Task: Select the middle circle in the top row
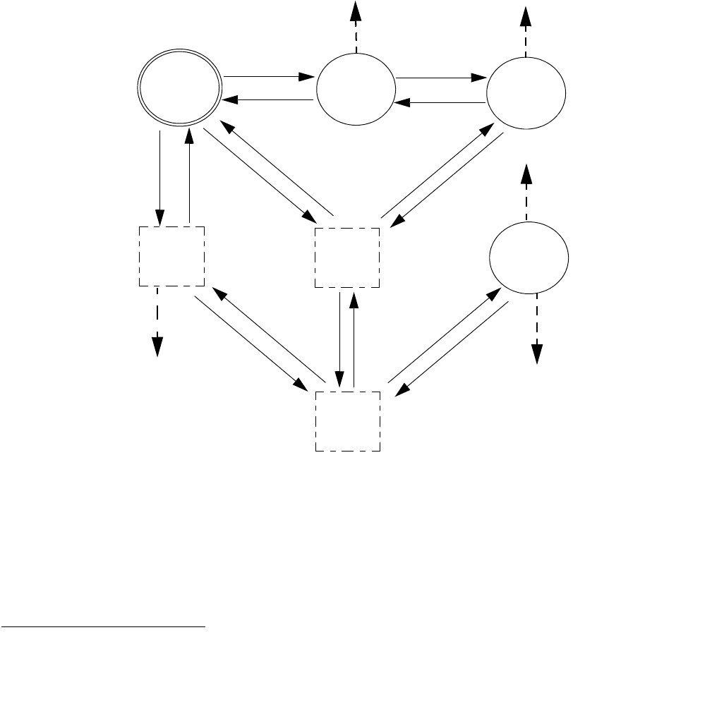click(x=356, y=90)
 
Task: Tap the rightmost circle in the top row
click(x=527, y=91)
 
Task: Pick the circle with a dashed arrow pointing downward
click(x=529, y=258)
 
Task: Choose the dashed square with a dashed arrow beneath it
click(x=171, y=256)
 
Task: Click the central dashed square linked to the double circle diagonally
click(x=346, y=257)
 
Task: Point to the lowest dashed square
click(x=347, y=421)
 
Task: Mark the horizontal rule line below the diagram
click(x=102, y=626)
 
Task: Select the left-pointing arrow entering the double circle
click(x=268, y=100)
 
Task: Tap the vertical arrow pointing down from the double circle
click(x=160, y=176)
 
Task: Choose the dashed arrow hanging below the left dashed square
click(x=158, y=322)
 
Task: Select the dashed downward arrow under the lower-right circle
click(x=537, y=328)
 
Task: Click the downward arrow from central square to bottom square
click(x=341, y=339)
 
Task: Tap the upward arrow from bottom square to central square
click(x=354, y=339)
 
